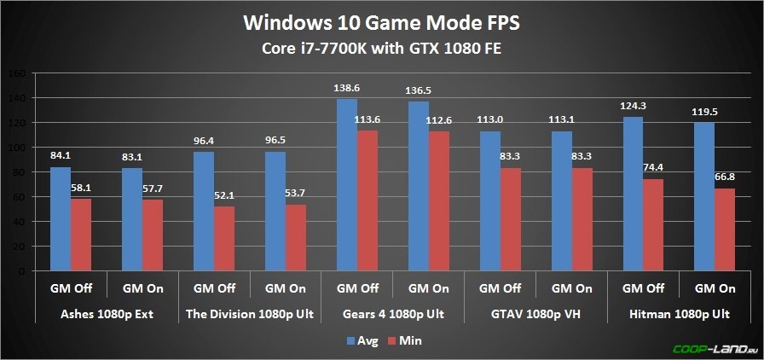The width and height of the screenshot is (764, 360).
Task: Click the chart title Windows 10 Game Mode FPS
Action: (381, 20)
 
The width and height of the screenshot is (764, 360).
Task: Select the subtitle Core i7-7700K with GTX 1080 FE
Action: (381, 49)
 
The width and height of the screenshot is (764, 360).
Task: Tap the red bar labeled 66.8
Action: (724, 229)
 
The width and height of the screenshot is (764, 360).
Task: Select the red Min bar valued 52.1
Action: (225, 239)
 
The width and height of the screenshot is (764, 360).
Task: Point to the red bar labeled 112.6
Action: (440, 201)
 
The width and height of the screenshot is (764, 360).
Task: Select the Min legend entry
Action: (404, 340)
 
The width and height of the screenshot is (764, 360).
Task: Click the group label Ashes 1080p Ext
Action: (107, 314)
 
